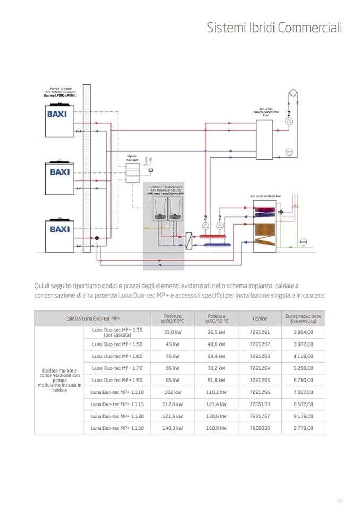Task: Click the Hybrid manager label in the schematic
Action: (x=132, y=158)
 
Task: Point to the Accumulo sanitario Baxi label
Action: (x=265, y=196)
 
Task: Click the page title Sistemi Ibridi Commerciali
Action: (x=274, y=28)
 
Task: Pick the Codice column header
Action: (x=260, y=318)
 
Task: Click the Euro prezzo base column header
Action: (x=303, y=318)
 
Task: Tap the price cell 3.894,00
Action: (x=303, y=332)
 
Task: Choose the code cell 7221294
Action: (x=260, y=368)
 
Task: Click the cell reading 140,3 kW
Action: (x=172, y=428)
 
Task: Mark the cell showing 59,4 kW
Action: (x=216, y=356)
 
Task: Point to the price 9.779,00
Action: (x=303, y=428)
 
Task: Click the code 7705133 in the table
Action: (x=260, y=404)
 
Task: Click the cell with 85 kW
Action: (x=172, y=380)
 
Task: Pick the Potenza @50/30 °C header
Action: (x=216, y=318)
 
